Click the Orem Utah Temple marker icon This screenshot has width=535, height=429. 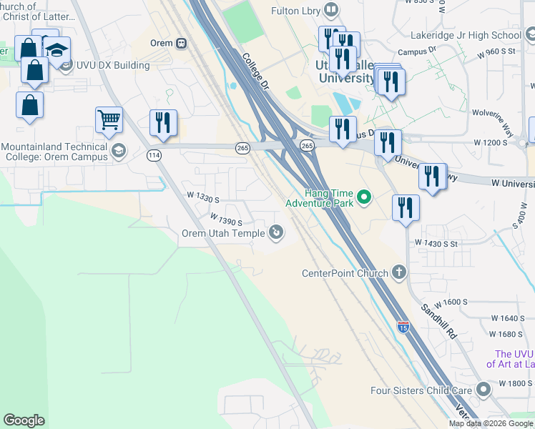pos(275,232)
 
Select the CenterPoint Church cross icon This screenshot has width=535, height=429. pos(399,272)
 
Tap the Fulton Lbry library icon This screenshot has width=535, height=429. pos(330,10)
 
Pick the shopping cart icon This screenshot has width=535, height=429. pos(109,121)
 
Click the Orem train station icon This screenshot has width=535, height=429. pos(181,43)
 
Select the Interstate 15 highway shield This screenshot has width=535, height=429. pos(403,326)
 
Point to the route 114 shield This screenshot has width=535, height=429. pos(154,155)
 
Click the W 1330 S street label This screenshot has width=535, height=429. pos(202,194)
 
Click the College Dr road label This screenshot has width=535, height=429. pos(254,73)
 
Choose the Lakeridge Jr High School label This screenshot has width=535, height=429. pos(466,34)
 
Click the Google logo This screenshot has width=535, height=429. pos(24,420)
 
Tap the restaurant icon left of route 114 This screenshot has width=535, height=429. pos(164,123)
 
